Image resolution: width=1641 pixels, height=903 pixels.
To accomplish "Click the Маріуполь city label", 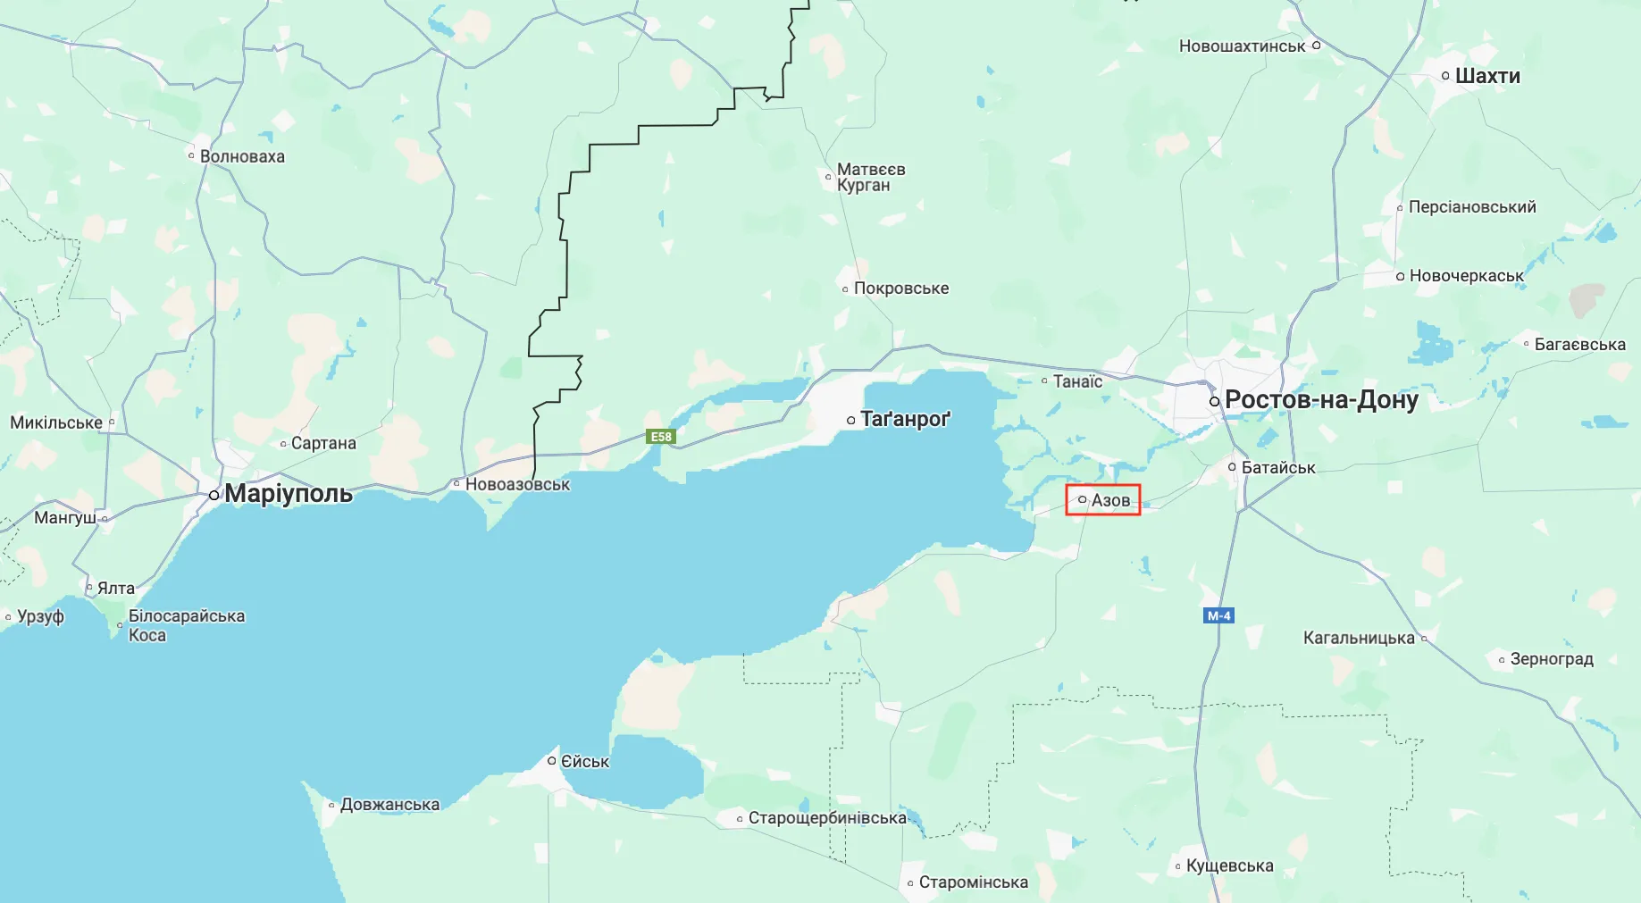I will click(x=288, y=493).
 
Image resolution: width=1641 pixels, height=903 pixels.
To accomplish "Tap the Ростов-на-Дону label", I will click(x=1320, y=399).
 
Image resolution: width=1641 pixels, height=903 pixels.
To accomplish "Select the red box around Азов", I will click(x=1103, y=500).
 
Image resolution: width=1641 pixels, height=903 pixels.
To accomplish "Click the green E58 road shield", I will click(x=661, y=437).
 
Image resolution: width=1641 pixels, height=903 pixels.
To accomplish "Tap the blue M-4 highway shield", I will click(x=1218, y=615).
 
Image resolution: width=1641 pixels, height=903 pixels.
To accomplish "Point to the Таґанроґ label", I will click(x=904, y=419).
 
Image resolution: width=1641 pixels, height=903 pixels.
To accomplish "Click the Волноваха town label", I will click(x=242, y=156).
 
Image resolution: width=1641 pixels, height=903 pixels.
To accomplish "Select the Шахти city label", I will click(x=1487, y=76).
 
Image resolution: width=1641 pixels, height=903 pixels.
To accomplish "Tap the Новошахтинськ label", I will click(x=1242, y=46).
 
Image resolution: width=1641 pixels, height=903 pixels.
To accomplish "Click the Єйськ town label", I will click(x=584, y=761).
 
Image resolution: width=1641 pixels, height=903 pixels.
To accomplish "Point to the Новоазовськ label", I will click(x=517, y=484).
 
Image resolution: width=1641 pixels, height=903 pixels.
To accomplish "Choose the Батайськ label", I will click(x=1278, y=467).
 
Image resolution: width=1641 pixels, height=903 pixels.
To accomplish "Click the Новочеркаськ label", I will click(x=1466, y=276).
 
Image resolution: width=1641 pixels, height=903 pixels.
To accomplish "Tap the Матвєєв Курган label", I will click(x=870, y=177).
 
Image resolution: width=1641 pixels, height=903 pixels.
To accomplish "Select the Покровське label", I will click(x=900, y=288).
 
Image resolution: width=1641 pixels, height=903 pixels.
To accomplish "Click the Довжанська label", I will click(x=389, y=804).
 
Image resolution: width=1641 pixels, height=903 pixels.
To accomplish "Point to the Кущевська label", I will click(x=1229, y=865).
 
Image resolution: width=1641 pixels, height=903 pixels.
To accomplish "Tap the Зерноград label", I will click(x=1552, y=659).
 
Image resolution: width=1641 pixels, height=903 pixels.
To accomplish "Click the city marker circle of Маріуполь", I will click(x=214, y=495).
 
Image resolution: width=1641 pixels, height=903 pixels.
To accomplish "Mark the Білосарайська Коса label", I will click(x=186, y=625).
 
